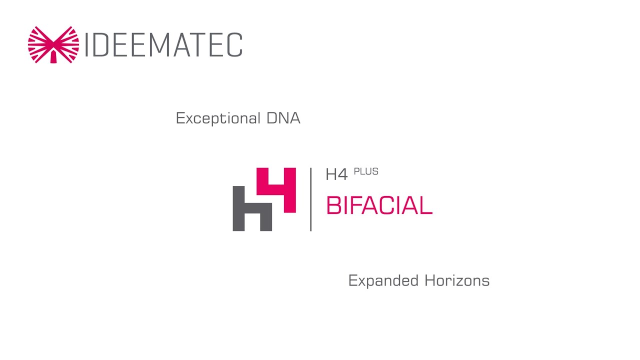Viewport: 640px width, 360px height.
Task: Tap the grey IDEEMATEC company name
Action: [164, 45]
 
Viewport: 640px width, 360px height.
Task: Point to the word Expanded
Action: [384, 280]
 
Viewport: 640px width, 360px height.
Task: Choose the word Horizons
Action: [457, 280]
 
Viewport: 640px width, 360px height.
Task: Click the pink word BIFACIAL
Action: [378, 205]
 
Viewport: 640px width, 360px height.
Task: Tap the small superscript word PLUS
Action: [366, 171]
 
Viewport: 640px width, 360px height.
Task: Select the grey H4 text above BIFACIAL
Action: [336, 174]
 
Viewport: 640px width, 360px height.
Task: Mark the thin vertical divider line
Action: [310, 199]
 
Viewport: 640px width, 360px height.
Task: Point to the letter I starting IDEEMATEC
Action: [87, 45]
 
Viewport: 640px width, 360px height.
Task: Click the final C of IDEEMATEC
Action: [234, 45]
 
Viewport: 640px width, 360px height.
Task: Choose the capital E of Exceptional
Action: [180, 118]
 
